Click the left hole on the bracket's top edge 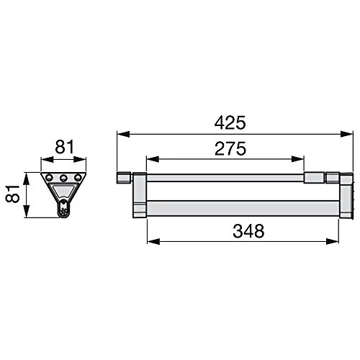(x=50, y=178)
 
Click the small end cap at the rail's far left (x=122, y=177)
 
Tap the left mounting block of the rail (x=139, y=194)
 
